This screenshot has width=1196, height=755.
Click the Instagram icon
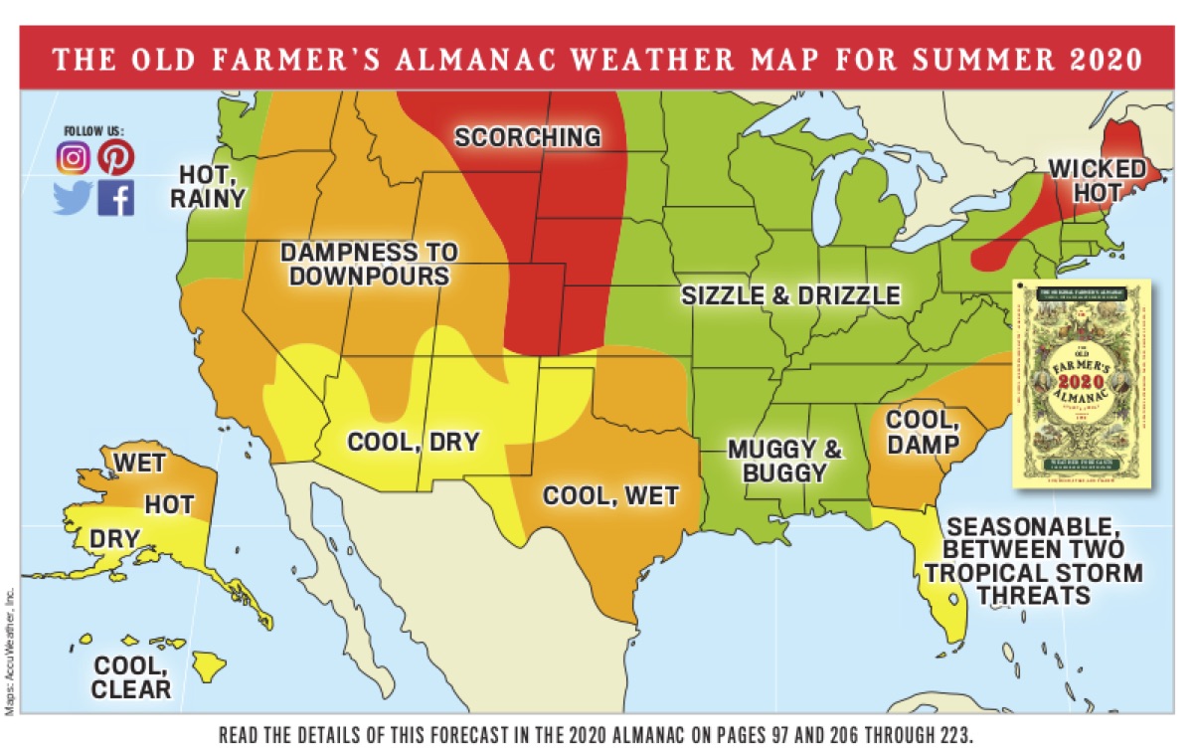point(72,157)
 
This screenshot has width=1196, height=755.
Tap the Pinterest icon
point(115,157)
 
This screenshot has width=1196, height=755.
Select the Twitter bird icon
point(72,198)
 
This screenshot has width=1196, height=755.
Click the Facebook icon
point(115,199)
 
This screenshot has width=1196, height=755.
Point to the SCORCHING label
point(528,136)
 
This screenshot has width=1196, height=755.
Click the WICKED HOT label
point(1098,179)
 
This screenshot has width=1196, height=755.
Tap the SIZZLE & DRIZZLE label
point(790,294)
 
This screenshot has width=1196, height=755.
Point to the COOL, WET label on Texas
point(610,495)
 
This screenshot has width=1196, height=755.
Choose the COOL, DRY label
point(414,441)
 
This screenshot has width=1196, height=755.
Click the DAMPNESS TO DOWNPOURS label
point(369,264)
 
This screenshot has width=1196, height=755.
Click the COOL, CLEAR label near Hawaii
point(131,676)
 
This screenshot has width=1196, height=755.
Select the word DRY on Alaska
point(114,538)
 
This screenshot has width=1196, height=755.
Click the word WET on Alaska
point(139,464)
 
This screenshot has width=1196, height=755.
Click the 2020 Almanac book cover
point(1081,384)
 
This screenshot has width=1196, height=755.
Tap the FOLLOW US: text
point(93,130)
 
